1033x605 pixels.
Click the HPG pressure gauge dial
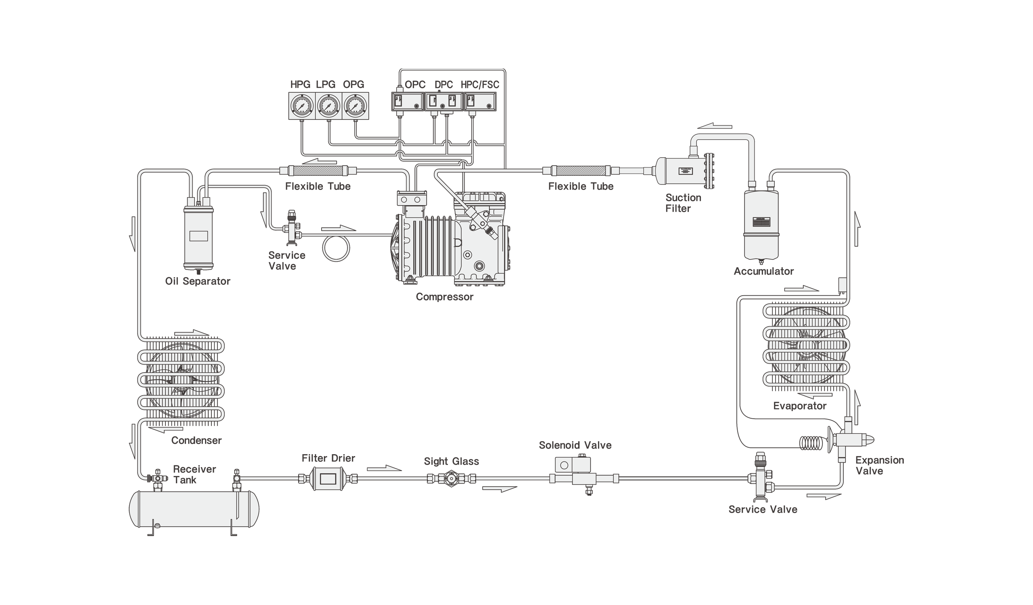tap(302, 106)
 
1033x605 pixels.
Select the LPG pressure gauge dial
tap(328, 106)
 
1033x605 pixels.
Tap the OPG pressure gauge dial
tap(355, 106)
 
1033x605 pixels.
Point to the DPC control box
tap(443, 102)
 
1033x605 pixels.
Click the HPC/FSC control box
tap(480, 102)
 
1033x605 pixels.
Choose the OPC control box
tap(407, 102)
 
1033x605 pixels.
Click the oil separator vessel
tap(199, 236)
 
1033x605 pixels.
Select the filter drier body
tap(328, 478)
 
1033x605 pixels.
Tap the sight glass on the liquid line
tap(451, 478)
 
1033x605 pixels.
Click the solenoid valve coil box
tap(573, 465)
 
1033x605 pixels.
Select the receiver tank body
tap(194, 509)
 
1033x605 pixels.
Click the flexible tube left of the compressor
tap(318, 170)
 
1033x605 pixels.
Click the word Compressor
tap(444, 296)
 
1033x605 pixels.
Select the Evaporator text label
tap(800, 406)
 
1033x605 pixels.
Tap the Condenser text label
tap(197, 440)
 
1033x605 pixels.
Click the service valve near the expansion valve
tap(761, 477)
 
